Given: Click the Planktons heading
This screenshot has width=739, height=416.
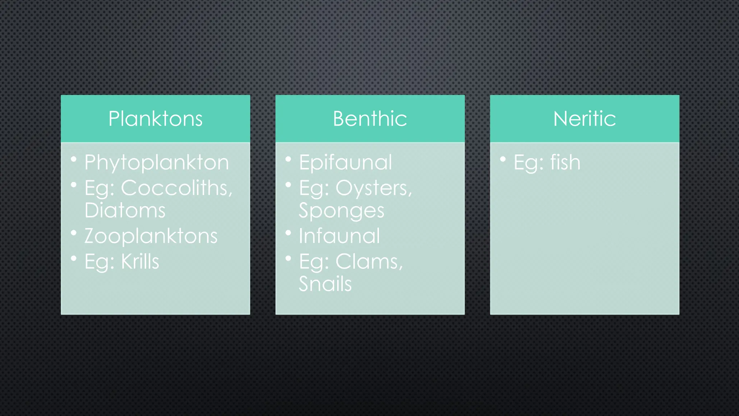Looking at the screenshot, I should click(x=156, y=119).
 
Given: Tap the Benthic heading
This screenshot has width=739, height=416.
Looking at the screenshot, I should click(x=370, y=119).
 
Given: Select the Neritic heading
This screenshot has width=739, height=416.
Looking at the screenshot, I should click(x=585, y=119).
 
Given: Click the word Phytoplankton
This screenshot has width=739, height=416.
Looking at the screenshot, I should click(x=157, y=163).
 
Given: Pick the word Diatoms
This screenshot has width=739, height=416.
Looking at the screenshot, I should click(x=125, y=211).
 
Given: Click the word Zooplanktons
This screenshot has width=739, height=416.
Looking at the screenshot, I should click(x=151, y=236).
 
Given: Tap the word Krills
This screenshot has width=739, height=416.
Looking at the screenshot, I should click(x=140, y=261).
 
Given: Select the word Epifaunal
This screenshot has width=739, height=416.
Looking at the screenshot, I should click(x=345, y=163).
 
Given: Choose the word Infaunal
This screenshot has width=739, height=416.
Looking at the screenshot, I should click(x=339, y=236).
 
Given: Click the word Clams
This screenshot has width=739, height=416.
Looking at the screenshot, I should click(x=368, y=261).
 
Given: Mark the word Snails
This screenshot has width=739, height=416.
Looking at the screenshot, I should click(x=325, y=284).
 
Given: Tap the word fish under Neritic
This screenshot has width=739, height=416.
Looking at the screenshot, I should click(x=565, y=162).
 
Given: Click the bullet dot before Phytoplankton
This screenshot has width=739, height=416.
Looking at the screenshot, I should click(x=74, y=159).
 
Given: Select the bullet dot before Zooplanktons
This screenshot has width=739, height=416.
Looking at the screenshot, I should click(x=74, y=233).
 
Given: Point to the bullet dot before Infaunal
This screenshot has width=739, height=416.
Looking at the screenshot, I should click(x=288, y=233).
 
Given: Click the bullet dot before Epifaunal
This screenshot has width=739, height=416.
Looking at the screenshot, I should click(x=288, y=159).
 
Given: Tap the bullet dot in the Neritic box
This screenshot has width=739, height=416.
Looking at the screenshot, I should click(x=503, y=159).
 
